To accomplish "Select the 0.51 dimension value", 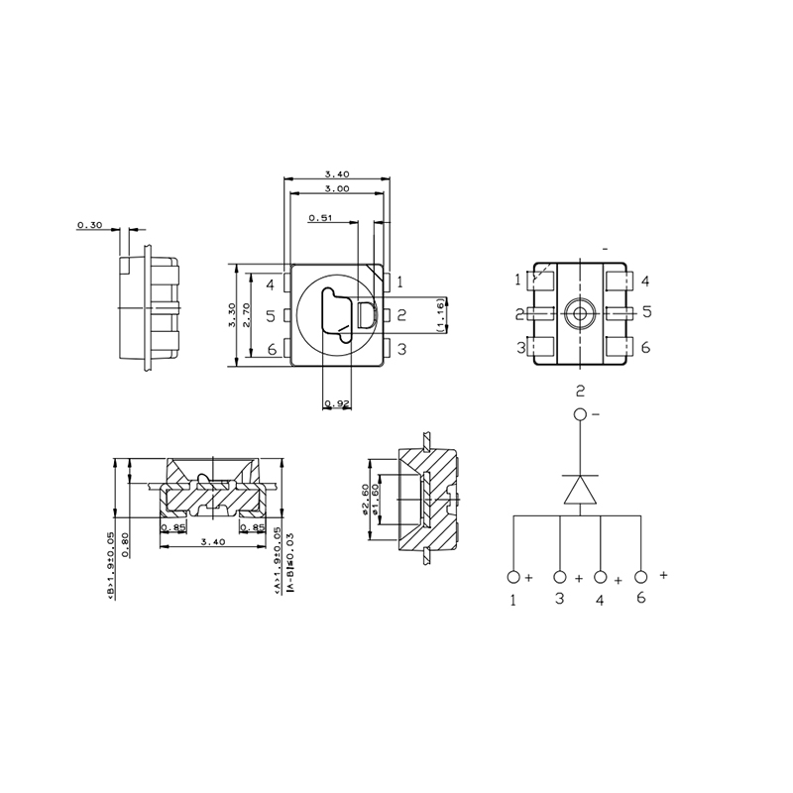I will pyautogui.click(x=320, y=218).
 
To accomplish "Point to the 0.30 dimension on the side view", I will pyautogui.click(x=89, y=226).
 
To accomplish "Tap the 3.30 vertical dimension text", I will pyautogui.click(x=232, y=315).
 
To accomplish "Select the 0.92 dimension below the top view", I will pyautogui.click(x=338, y=403).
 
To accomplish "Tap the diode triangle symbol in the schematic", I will pyautogui.click(x=580, y=490).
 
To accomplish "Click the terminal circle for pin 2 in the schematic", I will pyautogui.click(x=580, y=414).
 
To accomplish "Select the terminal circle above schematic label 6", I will pyautogui.click(x=641, y=577).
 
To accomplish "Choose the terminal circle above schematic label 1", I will pyautogui.click(x=513, y=577).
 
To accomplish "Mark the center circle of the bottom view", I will pyautogui.click(x=580, y=313).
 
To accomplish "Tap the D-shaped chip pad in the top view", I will pyautogui.click(x=364, y=316).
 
